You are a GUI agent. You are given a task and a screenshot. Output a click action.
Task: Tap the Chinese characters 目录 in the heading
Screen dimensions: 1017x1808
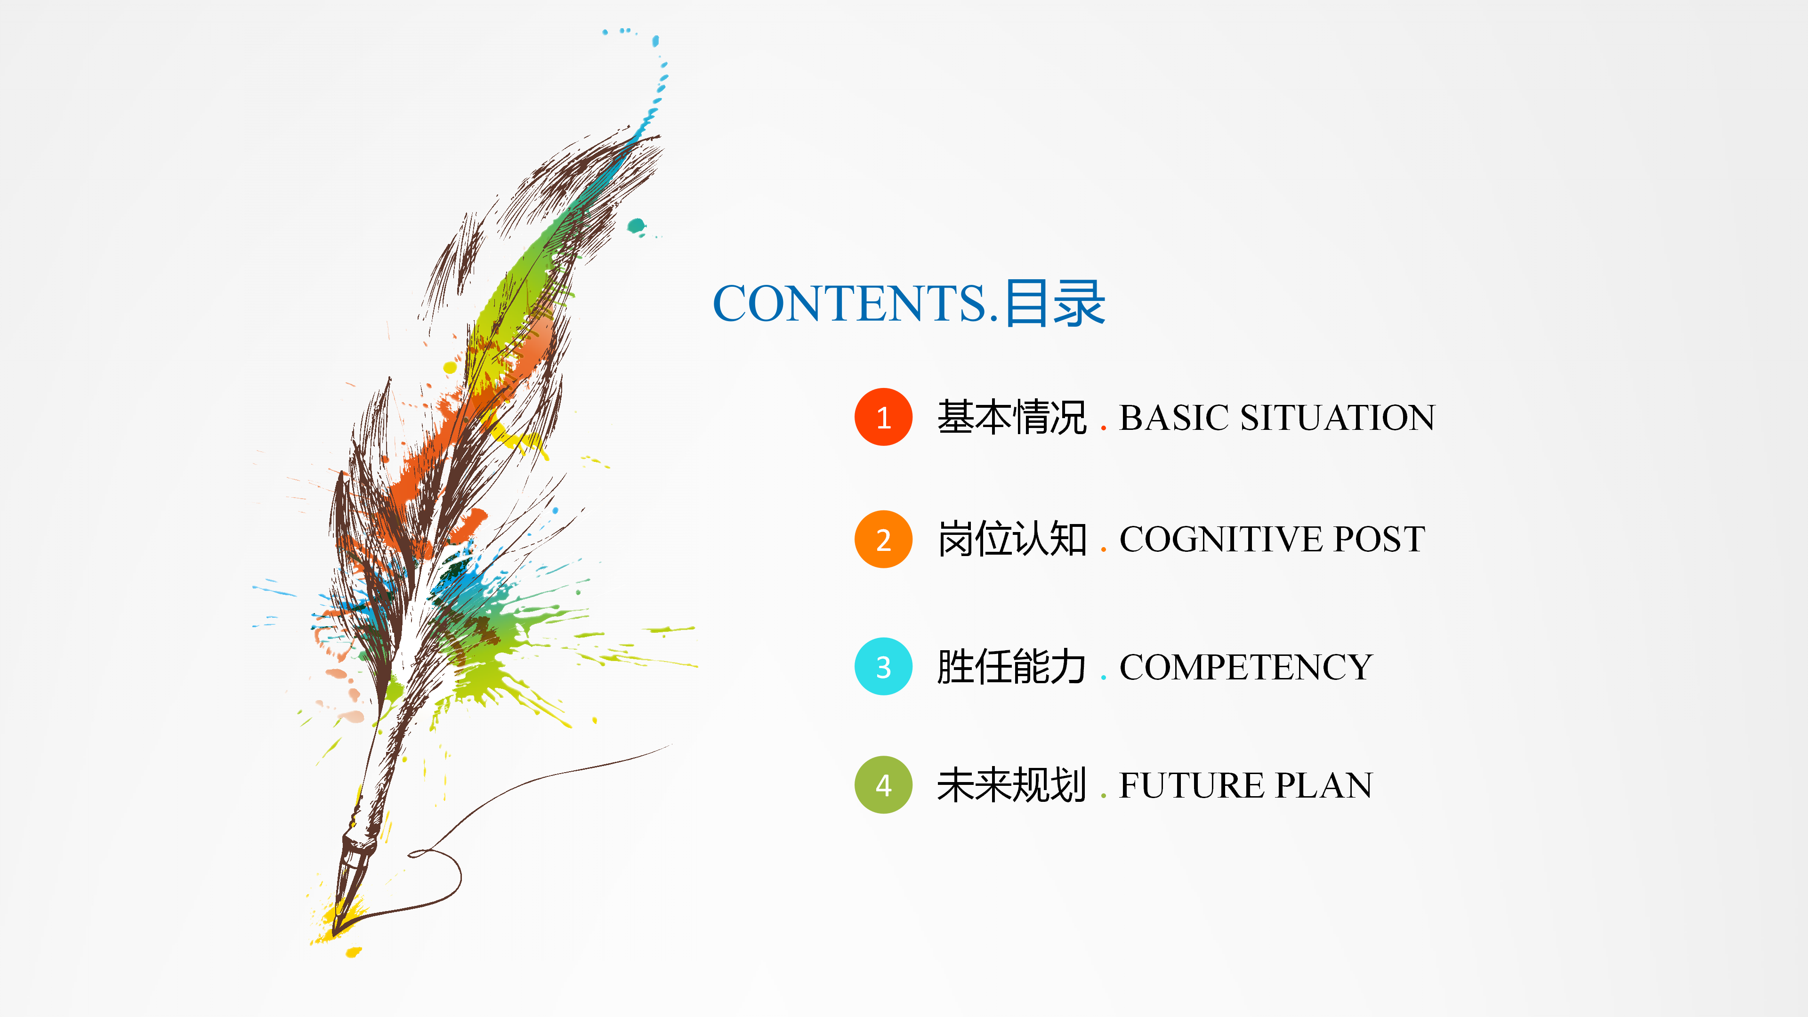point(1055,303)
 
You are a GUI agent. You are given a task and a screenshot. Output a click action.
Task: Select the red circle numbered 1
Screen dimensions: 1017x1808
point(883,417)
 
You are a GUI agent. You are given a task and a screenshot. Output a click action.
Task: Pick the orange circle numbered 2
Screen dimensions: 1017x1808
point(883,539)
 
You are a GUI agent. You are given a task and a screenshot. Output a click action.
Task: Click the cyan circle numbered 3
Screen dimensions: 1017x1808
point(883,666)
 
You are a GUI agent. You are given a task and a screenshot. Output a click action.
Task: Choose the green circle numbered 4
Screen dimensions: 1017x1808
point(883,785)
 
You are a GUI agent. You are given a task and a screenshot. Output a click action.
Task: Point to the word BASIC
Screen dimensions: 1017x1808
point(1173,418)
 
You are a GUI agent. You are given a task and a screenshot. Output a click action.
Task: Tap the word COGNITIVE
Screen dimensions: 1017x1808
point(1221,539)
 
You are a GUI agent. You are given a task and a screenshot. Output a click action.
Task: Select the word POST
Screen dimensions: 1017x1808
point(1379,539)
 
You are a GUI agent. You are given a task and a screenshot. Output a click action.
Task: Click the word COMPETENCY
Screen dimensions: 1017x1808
point(1246,667)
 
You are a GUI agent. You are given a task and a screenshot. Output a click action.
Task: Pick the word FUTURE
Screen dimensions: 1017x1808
point(1191,785)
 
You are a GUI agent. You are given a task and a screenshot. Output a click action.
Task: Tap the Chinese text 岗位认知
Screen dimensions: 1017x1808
point(1011,539)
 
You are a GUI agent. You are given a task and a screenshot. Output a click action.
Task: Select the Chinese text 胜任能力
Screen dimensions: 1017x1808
point(1011,667)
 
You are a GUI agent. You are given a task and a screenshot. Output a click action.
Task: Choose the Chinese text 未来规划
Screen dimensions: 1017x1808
point(1011,785)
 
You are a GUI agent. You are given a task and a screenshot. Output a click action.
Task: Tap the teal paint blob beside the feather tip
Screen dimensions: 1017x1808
point(636,226)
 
